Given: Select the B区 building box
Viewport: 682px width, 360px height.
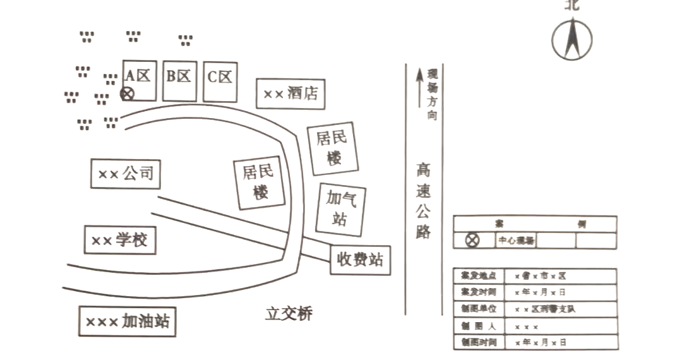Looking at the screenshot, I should (x=179, y=81).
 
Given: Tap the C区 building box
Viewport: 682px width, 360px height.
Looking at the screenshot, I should (x=220, y=81).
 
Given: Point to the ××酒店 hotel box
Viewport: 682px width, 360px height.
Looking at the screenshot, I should (x=290, y=93).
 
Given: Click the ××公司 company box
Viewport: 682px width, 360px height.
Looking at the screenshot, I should (x=125, y=173).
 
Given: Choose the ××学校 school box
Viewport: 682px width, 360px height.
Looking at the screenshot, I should (x=120, y=239).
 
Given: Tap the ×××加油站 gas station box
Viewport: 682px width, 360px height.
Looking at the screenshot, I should (x=127, y=321).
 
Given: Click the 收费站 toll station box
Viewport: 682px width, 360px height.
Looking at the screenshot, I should (x=360, y=260).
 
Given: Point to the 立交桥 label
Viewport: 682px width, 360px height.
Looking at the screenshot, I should (x=289, y=313).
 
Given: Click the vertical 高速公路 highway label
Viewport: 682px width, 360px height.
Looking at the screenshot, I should (x=423, y=201).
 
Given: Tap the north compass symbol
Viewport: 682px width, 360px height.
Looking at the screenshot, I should (x=571, y=39).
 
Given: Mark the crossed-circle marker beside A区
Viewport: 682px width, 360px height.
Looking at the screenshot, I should (x=127, y=94).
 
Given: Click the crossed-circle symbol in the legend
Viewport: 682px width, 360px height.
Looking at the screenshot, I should (x=472, y=240).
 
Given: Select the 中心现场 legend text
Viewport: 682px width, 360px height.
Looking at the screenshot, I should (x=516, y=241).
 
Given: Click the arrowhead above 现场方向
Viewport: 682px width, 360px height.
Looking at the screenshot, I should (x=418, y=75).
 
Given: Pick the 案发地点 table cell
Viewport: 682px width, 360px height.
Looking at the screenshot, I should (x=479, y=276).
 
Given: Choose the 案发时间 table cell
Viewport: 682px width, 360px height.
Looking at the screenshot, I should (x=479, y=292).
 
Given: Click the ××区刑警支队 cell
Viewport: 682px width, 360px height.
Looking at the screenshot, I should (x=545, y=309).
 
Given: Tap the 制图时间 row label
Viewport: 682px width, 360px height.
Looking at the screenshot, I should (x=479, y=342).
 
